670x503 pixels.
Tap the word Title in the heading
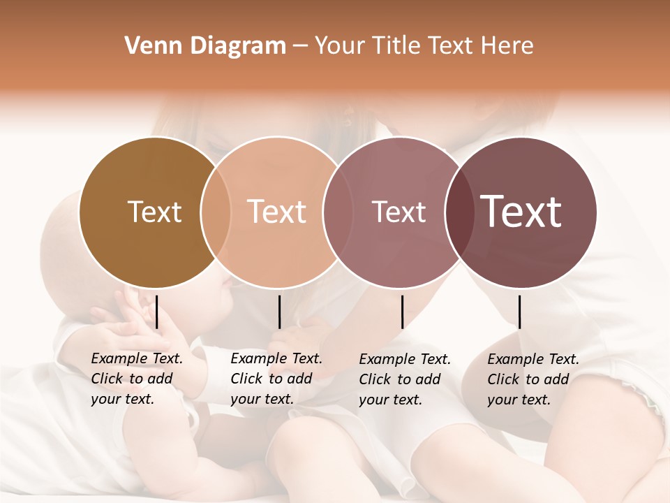tap(399, 46)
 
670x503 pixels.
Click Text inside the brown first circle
tap(154, 212)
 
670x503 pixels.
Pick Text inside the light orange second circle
tap(277, 212)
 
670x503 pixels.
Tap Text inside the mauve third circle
tap(399, 212)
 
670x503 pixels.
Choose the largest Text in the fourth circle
tap(521, 212)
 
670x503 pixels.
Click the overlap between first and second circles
tap(216, 212)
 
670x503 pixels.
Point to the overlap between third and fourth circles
tap(459, 212)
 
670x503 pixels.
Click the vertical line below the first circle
tap(157, 312)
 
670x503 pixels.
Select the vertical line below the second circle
tap(279, 312)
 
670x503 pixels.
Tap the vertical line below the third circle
tap(403, 312)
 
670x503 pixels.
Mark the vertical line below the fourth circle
tap(520, 312)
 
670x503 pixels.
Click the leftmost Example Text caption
tap(136, 379)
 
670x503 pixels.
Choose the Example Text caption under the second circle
tap(276, 379)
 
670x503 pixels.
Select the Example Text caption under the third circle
tap(404, 379)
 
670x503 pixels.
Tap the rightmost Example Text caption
tap(533, 379)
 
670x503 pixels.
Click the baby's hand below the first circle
tap(129, 314)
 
